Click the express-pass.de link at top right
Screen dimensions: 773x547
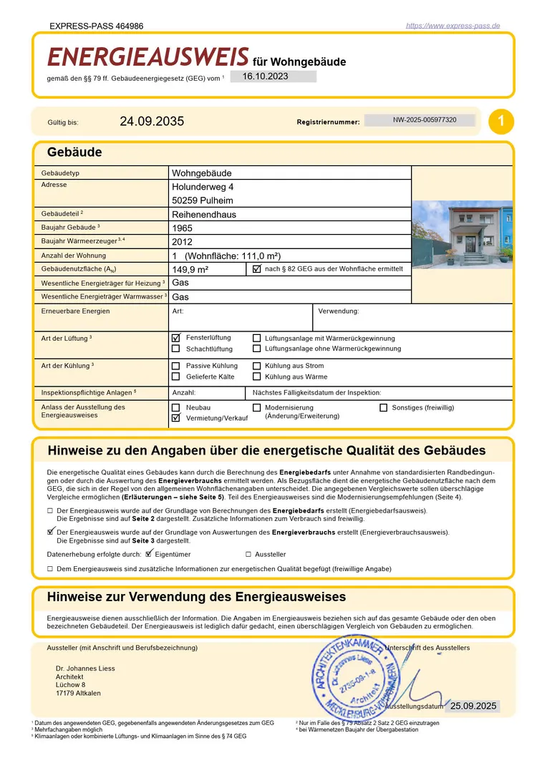tap(452, 26)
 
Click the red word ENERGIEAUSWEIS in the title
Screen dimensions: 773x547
tap(148, 58)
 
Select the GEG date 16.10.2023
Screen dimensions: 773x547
tap(266, 76)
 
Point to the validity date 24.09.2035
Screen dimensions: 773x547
tap(152, 122)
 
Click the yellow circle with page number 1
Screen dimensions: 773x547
tap(501, 122)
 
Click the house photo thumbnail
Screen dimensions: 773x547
tap(463, 233)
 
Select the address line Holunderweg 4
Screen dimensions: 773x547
tap(203, 186)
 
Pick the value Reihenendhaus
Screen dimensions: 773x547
tap(204, 214)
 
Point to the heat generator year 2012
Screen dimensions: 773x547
tap(183, 242)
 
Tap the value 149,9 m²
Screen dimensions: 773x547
tap(190, 270)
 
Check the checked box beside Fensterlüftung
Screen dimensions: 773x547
tap(175, 337)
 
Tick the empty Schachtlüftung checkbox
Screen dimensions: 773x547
tap(175, 349)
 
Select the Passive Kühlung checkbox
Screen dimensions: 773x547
tap(175, 366)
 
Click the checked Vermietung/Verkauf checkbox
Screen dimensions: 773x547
tap(175, 417)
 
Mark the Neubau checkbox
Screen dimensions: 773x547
tap(175, 407)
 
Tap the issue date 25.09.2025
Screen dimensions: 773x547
tap(473, 706)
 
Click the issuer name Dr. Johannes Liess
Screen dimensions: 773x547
tap(85, 669)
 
